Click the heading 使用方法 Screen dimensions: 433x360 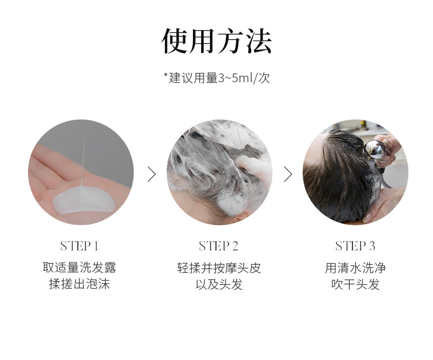point(216,41)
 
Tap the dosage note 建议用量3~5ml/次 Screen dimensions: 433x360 point(219,78)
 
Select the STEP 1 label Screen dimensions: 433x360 point(79,245)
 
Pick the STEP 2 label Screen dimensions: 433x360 point(219,245)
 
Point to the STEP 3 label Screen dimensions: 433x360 point(355,245)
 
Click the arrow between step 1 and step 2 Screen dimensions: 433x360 point(152,174)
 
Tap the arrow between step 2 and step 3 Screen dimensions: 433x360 point(288,174)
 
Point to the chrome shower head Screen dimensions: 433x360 point(375,151)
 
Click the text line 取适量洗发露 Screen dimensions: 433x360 point(79,267)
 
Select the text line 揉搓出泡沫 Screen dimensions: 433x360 point(79,284)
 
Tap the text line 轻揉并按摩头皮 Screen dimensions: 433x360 point(219,267)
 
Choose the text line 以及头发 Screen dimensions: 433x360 point(219,284)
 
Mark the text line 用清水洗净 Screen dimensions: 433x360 point(355,267)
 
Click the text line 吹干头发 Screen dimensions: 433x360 point(355,284)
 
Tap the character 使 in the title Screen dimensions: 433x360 point(175,41)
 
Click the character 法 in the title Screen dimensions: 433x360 point(259,41)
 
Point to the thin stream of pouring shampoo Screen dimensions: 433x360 point(83,159)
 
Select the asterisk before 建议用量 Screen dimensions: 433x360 point(166,75)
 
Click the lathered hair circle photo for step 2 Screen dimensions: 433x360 point(219,172)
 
